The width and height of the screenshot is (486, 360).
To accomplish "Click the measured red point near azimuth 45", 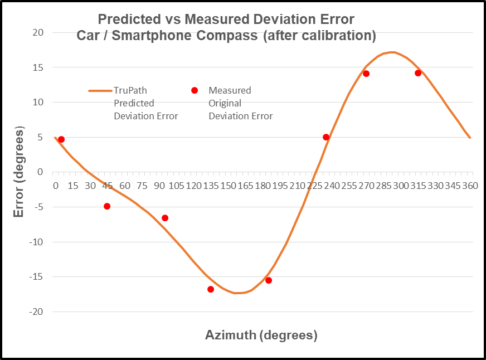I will coord(107,206).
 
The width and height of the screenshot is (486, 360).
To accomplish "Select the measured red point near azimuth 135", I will coord(211,289).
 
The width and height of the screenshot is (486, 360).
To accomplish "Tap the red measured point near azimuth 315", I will coord(418,73).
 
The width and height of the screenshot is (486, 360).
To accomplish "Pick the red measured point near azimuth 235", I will coord(326,137).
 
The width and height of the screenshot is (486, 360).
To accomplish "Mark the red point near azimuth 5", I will coord(61,139).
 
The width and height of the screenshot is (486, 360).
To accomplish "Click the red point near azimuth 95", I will coord(165,218).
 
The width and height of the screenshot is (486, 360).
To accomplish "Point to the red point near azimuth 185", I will coord(269,280).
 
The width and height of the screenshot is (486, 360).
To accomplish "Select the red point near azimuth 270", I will coord(366,74).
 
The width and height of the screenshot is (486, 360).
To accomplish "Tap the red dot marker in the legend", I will coord(195,90).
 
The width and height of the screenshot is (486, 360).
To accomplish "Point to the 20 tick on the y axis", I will coord(38,32).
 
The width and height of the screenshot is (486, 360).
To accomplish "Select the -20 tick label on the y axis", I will coord(36,312).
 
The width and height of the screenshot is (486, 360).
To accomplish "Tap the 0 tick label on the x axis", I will coord(56,185).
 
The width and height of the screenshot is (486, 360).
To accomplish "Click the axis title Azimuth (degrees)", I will coord(261,335).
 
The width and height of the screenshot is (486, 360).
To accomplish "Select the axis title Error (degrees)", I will coord(20,172).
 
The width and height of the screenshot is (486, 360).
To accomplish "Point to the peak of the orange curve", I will coord(392,52).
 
